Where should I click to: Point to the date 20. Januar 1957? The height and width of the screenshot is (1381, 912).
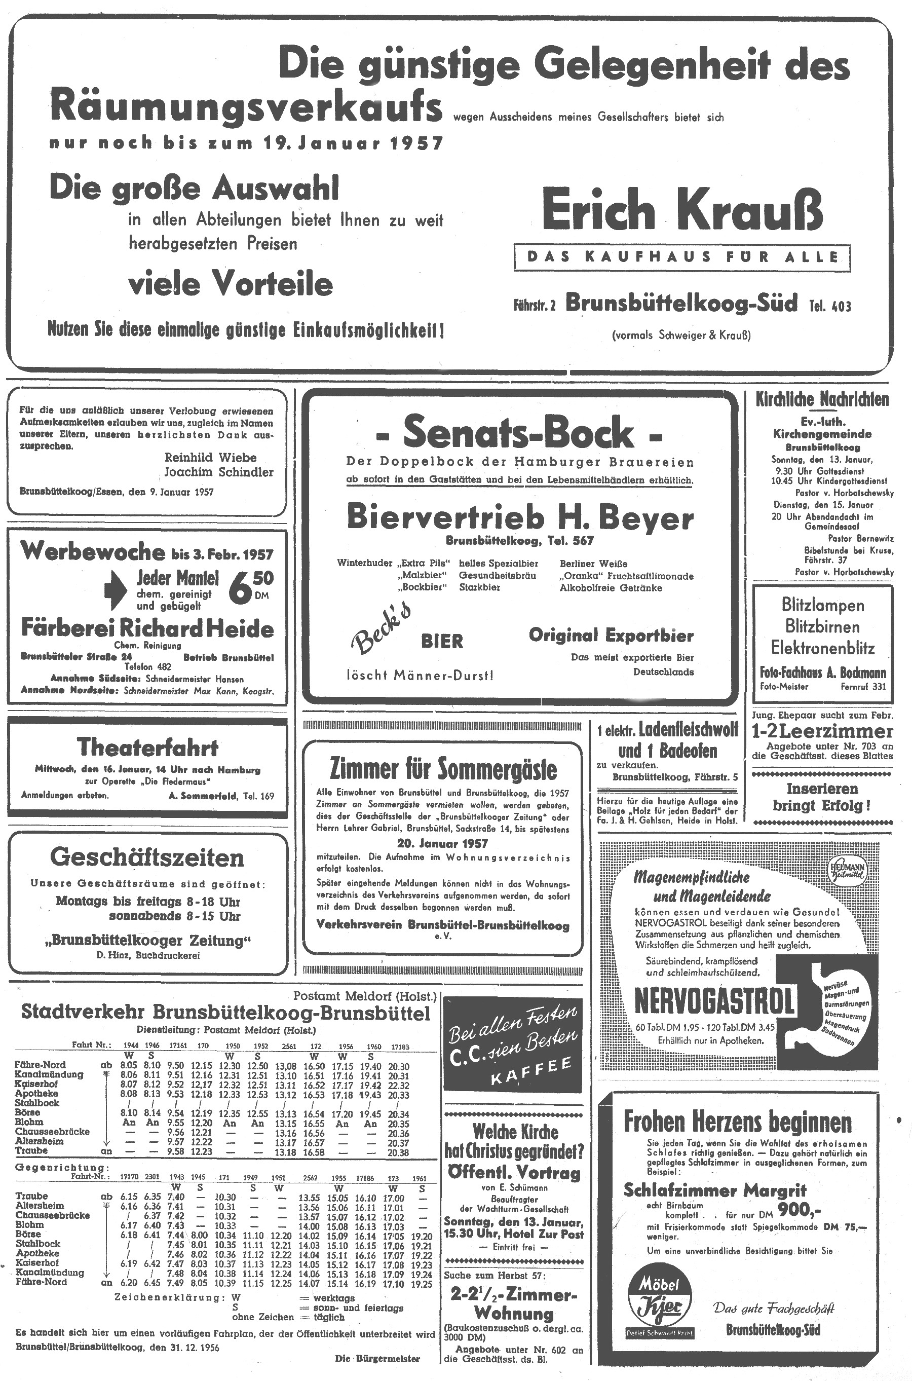(443, 843)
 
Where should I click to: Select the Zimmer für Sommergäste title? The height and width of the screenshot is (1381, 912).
(443, 768)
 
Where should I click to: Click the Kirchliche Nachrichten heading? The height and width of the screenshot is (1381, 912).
(822, 400)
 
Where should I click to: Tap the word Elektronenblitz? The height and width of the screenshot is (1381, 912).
(822, 648)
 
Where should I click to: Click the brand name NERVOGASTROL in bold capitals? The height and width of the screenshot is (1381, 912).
(714, 1001)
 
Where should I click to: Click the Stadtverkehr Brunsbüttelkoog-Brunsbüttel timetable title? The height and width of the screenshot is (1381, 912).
(225, 1013)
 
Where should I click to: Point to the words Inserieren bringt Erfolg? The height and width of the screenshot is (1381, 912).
(821, 797)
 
